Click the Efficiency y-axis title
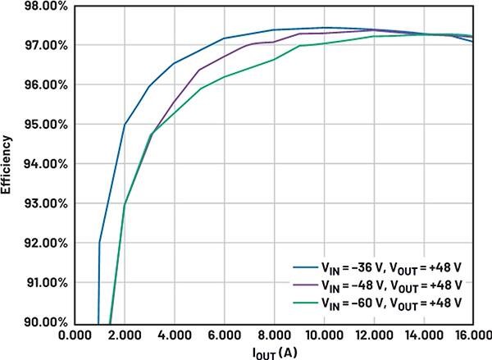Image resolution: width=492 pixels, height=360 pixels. [x=7, y=164]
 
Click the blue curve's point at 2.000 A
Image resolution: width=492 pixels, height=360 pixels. [x=125, y=125]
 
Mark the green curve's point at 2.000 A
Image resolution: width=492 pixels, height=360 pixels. [x=125, y=204]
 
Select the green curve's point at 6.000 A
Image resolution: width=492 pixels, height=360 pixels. [x=224, y=77]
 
